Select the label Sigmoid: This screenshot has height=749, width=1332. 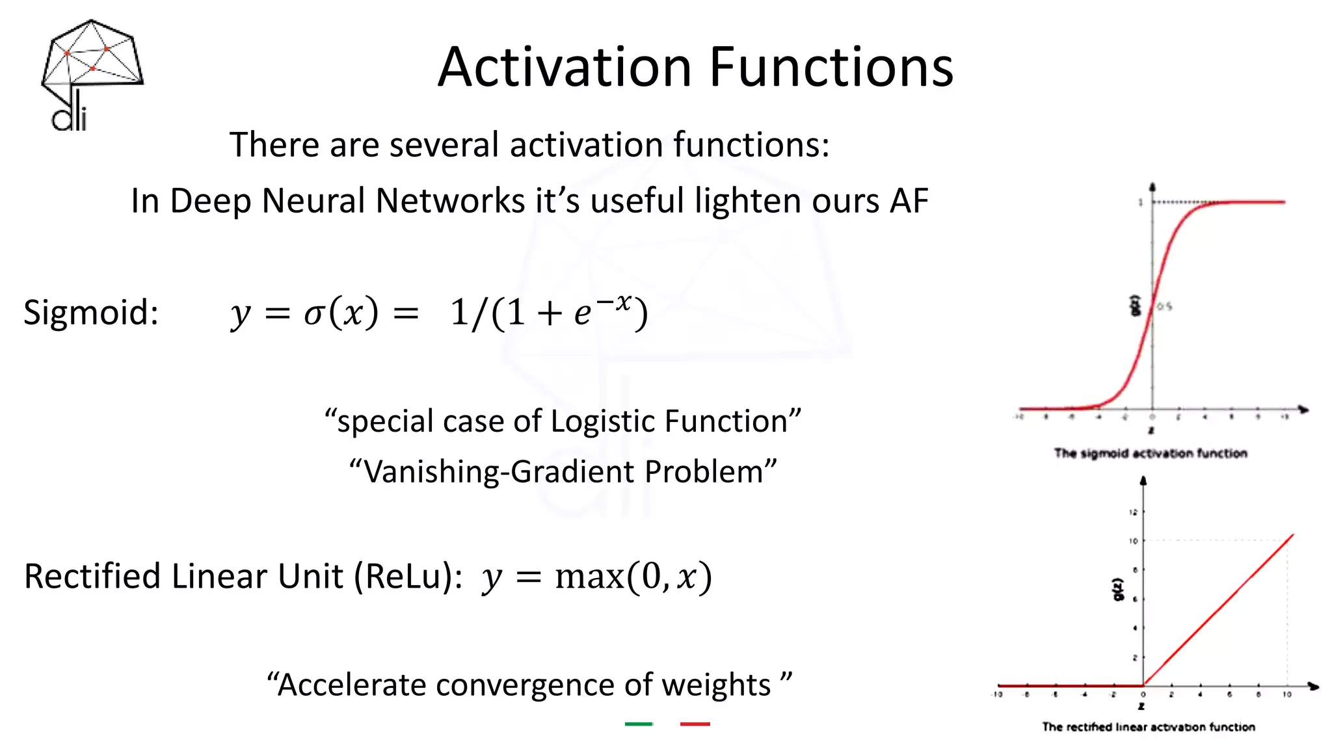tap(91, 313)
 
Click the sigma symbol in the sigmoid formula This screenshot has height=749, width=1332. tap(314, 314)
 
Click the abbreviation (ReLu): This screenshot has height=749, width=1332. tap(408, 577)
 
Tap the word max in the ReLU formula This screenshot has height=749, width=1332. tap(589, 577)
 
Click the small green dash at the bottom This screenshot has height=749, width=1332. tap(638, 724)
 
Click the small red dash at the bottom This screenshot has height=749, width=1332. tap(695, 724)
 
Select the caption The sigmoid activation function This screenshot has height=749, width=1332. tap(1150, 453)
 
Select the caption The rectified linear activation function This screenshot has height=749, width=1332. tap(1148, 727)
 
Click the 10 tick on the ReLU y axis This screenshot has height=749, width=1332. tap(1133, 541)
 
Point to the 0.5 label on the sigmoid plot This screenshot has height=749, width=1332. tap(1165, 306)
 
